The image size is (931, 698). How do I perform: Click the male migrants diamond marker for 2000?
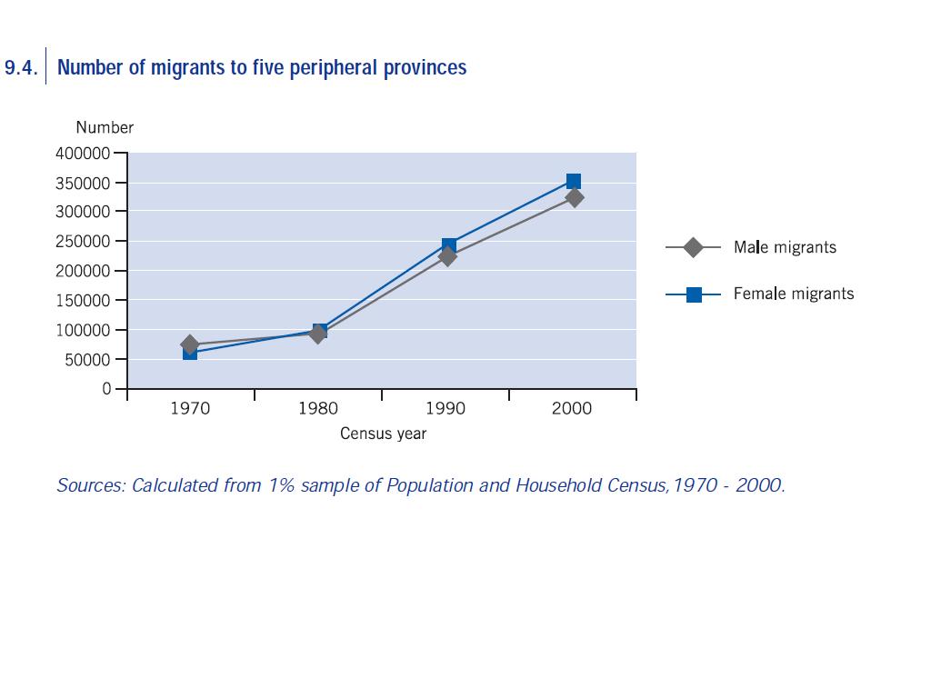(575, 197)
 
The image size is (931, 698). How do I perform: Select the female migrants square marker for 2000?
(574, 181)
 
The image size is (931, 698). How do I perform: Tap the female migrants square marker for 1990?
(449, 245)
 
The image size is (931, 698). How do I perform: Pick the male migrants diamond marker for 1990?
(446, 257)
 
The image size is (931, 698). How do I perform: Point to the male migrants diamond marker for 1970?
(189, 344)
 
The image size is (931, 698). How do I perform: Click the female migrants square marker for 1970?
(189, 354)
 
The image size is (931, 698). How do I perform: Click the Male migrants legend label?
(785, 247)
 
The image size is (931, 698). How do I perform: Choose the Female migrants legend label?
(794, 294)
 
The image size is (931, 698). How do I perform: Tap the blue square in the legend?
(694, 294)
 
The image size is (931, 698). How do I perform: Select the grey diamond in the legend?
(693, 247)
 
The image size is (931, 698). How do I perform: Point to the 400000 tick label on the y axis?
(83, 154)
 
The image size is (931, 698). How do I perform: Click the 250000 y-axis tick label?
(83, 242)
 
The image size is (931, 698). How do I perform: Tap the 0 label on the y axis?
(107, 389)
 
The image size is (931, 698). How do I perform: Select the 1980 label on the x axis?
(318, 409)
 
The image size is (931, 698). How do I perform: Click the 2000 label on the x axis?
(572, 409)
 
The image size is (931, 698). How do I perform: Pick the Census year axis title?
(383, 434)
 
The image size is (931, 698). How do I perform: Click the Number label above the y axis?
(105, 128)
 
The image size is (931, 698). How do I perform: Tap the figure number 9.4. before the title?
(21, 68)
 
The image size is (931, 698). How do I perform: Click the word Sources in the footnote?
(89, 485)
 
